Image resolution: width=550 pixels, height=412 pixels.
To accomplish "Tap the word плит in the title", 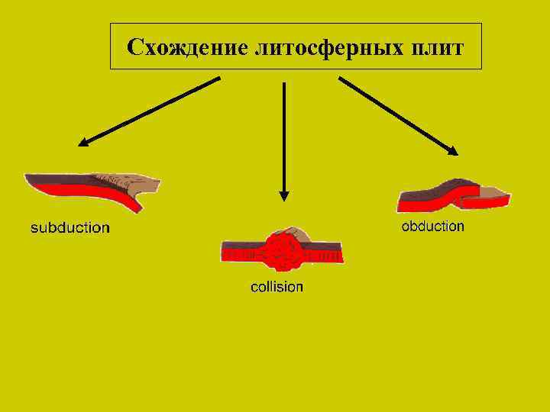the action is (434, 47).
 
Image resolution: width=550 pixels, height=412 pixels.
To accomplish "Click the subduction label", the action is (70, 227).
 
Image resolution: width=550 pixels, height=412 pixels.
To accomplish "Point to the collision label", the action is (277, 287).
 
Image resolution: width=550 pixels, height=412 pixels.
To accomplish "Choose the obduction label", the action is (432, 226).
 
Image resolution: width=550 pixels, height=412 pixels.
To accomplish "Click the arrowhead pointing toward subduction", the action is (82, 142).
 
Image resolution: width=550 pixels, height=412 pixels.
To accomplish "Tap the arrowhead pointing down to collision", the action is (284, 195).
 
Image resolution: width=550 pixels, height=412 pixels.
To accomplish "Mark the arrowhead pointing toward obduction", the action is (453, 151).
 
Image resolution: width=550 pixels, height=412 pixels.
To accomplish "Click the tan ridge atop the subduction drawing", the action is (137, 182).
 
